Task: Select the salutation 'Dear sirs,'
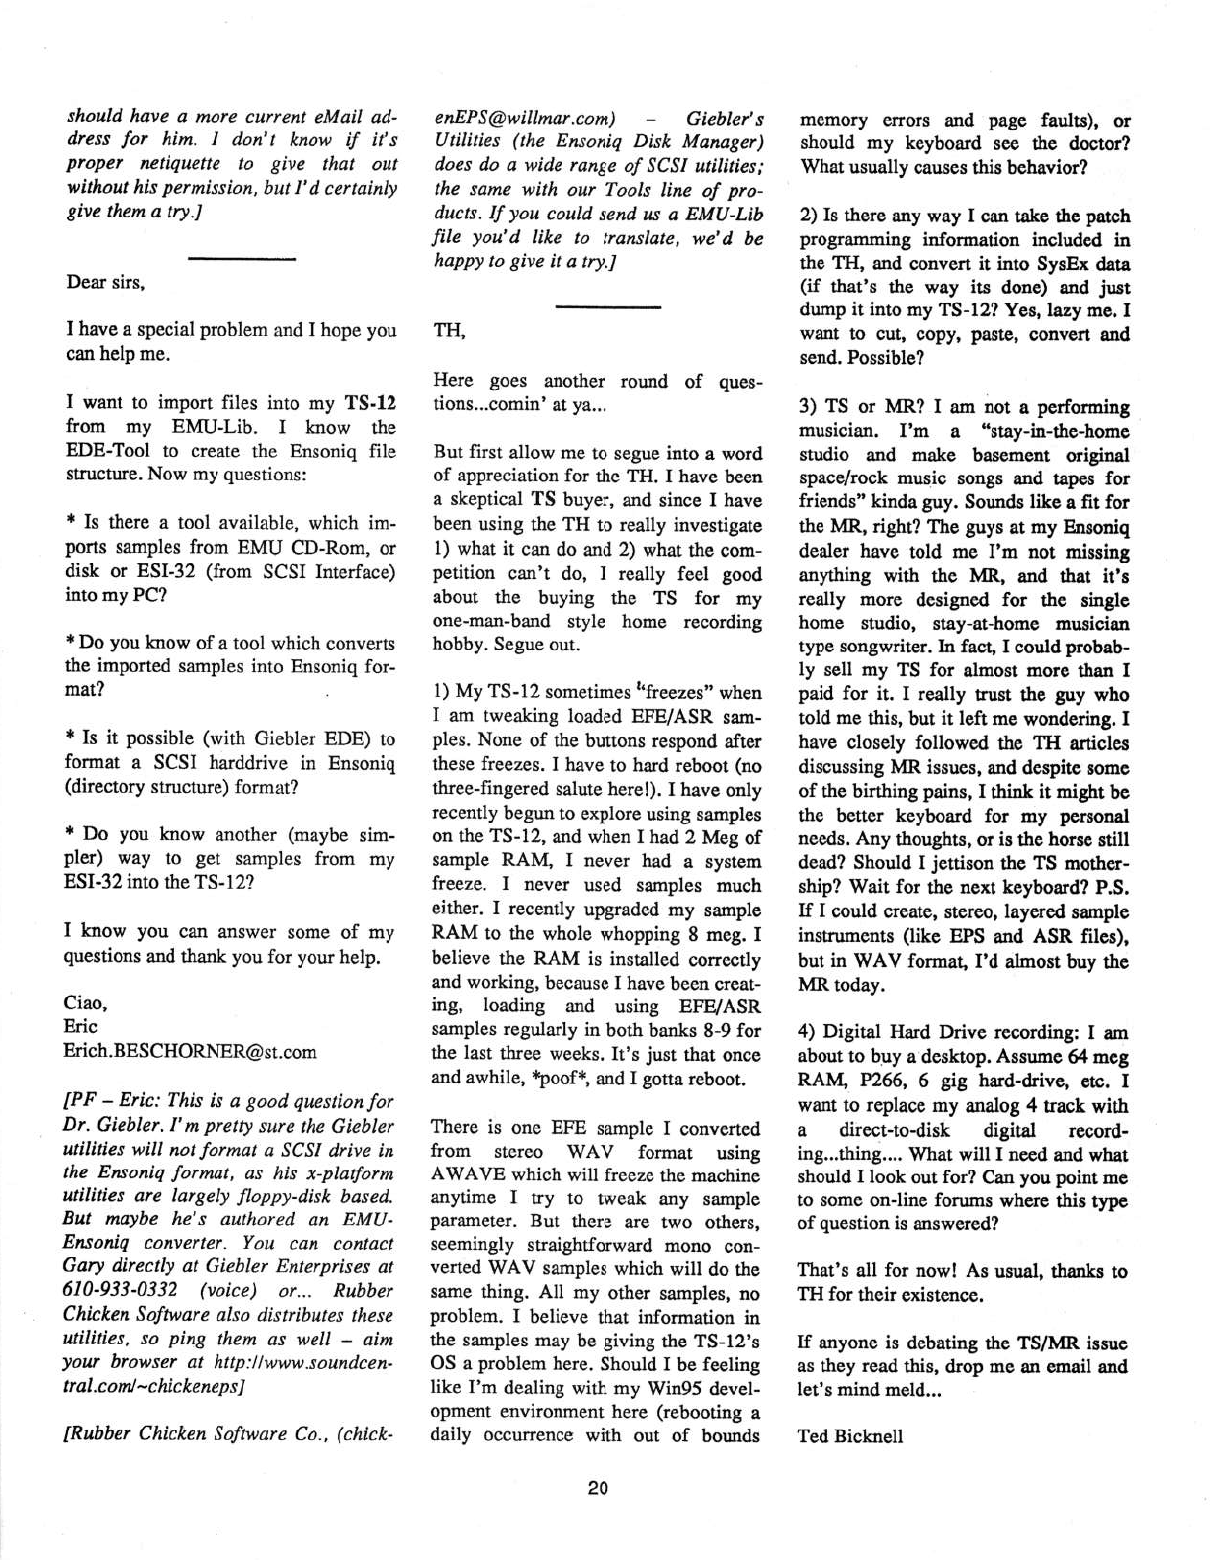coord(106,282)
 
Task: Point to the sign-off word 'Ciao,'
coord(85,1003)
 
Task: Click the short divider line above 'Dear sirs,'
coord(242,258)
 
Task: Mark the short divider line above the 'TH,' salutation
coord(607,307)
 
